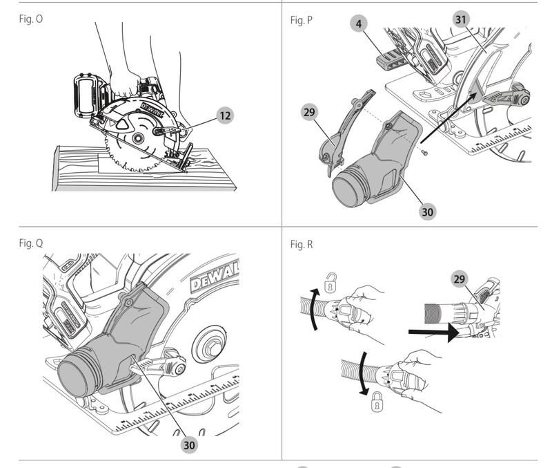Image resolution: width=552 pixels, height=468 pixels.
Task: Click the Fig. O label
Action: tap(31, 19)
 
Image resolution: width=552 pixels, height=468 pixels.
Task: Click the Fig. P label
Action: tap(302, 20)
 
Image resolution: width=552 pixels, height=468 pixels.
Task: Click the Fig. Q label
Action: tap(31, 243)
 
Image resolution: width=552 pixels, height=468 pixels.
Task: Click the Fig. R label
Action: tap(302, 244)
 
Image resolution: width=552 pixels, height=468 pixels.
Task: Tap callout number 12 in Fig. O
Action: tap(225, 115)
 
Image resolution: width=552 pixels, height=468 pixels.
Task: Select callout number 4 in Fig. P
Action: tap(359, 24)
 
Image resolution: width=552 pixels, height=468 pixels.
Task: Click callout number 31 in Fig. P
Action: tap(461, 19)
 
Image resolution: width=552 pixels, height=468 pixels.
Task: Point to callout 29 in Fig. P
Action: tap(309, 112)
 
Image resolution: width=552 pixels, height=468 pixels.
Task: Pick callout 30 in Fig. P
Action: tap(427, 212)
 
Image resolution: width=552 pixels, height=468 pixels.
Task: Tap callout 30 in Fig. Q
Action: tap(189, 444)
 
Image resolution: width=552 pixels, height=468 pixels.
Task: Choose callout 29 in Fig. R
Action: tap(459, 279)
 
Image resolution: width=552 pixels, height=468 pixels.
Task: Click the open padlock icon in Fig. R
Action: tap(330, 282)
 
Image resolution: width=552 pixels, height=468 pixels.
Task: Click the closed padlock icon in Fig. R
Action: tap(377, 402)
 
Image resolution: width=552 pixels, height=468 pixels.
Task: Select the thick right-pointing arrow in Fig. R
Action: tap(433, 333)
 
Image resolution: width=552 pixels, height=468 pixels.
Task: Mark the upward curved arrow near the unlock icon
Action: tap(315, 309)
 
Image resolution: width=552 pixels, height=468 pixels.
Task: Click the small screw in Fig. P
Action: tap(426, 153)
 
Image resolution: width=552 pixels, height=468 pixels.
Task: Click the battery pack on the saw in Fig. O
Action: tap(88, 96)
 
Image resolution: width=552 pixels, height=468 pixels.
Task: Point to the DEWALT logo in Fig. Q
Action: tap(215, 279)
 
